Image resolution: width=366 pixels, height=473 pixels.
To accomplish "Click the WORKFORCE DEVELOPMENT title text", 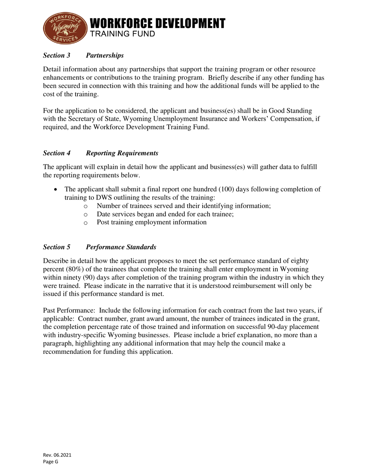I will coord(157,23).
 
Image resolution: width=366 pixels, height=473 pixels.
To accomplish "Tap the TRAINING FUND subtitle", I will coord(123,34).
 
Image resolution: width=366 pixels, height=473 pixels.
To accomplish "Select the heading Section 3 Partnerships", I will coord(83,55).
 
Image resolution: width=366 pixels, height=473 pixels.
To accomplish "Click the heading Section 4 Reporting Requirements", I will coord(101,153).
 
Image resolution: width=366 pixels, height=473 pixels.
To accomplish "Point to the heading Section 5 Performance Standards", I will coord(99,247).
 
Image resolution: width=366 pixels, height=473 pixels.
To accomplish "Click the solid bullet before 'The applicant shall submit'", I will coord(57,189).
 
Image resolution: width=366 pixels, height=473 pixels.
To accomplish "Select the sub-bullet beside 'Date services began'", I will coord(86,215).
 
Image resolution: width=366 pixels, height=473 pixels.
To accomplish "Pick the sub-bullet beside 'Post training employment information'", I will coord(86,223).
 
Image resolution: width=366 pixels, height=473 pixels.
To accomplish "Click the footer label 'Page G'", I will coord(50,462).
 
